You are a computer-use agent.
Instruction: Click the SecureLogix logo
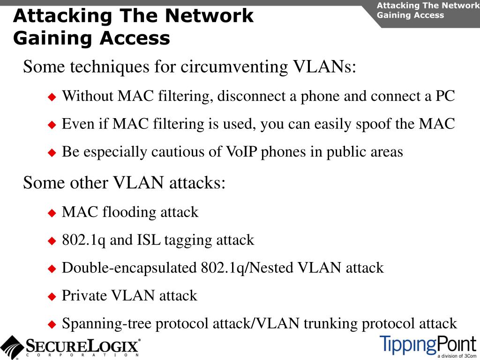pos(70,347)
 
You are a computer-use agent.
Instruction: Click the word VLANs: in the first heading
pos(325,67)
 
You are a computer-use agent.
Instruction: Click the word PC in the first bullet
pos(445,96)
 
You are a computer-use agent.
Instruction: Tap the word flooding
pos(129,212)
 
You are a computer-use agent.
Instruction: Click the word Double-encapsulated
pos(129,268)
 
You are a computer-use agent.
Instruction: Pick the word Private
pos(84,296)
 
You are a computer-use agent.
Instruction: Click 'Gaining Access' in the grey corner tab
pos(410,15)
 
